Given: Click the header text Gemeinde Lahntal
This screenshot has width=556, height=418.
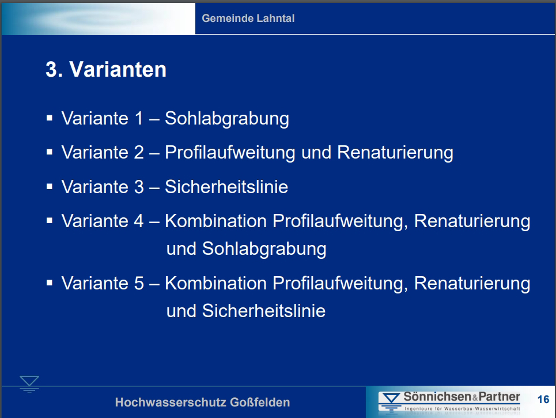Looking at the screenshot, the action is coord(248,18).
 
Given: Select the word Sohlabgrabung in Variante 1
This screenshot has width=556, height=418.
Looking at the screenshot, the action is coord(227,119).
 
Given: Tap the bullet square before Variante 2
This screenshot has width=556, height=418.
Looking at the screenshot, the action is coord(50,152).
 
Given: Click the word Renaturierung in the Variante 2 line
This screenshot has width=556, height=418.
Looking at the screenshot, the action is coord(395,152).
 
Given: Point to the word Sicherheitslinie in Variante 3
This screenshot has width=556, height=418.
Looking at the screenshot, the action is coord(226,187).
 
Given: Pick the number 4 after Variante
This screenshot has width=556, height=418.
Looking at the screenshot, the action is coord(139,221).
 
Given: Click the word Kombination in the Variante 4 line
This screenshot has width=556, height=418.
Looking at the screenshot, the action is coord(215,221).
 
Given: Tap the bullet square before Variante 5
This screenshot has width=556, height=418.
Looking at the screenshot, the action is coord(50,283).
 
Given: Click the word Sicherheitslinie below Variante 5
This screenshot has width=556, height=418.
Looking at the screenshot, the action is coord(264,311).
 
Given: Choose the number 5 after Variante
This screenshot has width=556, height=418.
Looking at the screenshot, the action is coord(139,283).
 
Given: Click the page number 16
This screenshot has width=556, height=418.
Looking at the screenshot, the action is coord(543,399).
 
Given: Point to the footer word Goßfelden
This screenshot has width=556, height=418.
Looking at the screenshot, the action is coord(260,402).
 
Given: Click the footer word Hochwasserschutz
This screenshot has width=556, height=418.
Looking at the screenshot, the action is coord(171,402).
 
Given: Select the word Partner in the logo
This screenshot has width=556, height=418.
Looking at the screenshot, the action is coord(500,396).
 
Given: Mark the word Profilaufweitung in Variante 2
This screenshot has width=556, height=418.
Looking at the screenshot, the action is coord(230,153).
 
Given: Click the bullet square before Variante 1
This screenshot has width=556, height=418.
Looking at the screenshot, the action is coord(50,118).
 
